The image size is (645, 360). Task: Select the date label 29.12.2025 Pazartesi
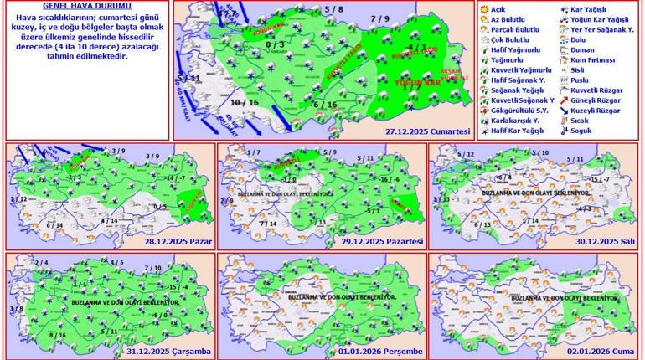click(387, 240)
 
